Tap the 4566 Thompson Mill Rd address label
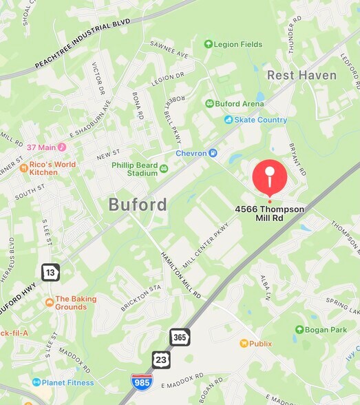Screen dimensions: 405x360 click(x=269, y=213)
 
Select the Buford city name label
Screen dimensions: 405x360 click(x=138, y=205)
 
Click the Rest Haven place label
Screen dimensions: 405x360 click(x=301, y=75)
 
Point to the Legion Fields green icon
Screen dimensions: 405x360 click(x=209, y=44)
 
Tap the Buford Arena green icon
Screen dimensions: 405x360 click(x=210, y=103)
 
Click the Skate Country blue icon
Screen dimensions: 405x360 click(x=228, y=120)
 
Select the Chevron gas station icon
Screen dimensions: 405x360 click(x=213, y=153)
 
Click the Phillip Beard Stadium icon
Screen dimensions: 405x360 click(x=164, y=169)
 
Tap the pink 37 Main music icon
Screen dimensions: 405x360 click(x=61, y=147)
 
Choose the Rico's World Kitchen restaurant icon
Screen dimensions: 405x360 click(x=23, y=167)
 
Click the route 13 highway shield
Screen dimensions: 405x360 click(x=50, y=271)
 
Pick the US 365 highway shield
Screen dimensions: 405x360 click(x=180, y=337)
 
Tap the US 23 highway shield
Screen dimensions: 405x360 click(x=161, y=359)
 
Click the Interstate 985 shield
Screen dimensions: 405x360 click(x=142, y=383)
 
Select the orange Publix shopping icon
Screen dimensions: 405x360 click(x=244, y=343)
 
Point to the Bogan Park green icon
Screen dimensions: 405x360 click(x=299, y=330)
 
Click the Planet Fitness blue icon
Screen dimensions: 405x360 click(x=36, y=382)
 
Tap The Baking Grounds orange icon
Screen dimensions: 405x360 click(x=49, y=302)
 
